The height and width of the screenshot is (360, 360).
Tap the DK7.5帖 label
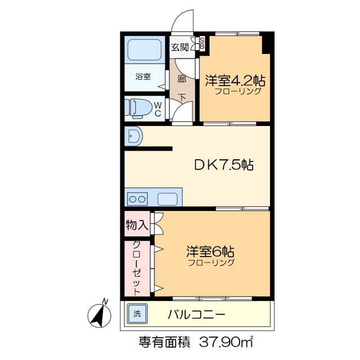[x=223, y=165]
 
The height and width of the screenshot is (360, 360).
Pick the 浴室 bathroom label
[x=143, y=76]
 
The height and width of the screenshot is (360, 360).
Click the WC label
[x=158, y=109]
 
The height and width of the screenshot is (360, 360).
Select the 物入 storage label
[x=137, y=225]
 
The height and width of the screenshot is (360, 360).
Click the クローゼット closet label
[x=137, y=267]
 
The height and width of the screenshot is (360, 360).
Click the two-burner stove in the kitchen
[x=138, y=199]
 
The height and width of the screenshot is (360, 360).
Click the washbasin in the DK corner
[x=134, y=136]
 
